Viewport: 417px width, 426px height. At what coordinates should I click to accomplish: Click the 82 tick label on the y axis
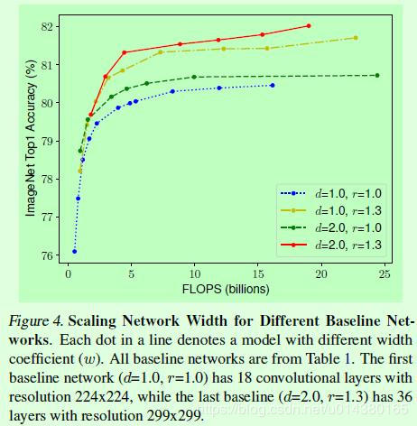tap(49, 26)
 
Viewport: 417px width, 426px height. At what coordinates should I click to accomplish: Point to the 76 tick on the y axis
tap(49, 255)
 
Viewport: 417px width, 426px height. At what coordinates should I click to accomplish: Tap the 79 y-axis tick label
tap(49, 141)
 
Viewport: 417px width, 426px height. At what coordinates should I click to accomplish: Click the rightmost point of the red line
tap(309, 26)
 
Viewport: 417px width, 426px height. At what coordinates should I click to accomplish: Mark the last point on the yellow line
tap(356, 38)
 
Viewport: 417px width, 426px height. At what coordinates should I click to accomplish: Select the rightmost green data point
tap(377, 75)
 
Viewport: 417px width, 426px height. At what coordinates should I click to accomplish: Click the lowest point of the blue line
tap(74, 251)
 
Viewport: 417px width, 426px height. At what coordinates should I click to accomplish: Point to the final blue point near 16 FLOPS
tap(272, 85)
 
